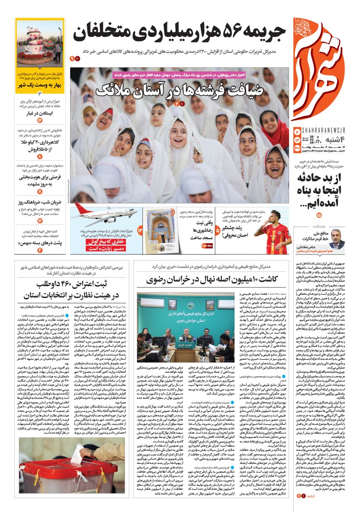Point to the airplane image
point(104,217)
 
